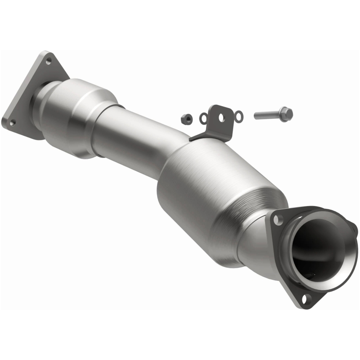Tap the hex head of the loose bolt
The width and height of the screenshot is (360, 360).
pos(287,113)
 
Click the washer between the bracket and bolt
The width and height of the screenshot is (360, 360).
pos(239,117)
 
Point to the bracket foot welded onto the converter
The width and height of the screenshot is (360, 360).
pos(200,135)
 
